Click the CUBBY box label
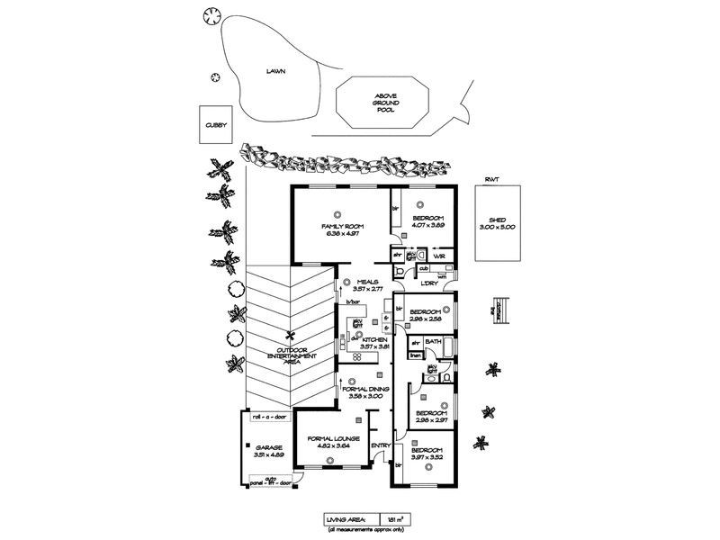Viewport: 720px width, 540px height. (x=213, y=126)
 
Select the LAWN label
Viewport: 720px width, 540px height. (x=275, y=70)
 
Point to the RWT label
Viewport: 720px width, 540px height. (x=491, y=180)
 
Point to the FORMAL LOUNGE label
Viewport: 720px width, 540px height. (x=334, y=438)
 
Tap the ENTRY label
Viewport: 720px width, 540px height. (x=381, y=445)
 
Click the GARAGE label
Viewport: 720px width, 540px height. (x=269, y=446)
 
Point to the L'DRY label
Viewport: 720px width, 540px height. (x=427, y=283)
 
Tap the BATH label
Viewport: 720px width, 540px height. (x=433, y=343)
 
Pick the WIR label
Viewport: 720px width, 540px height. (x=438, y=256)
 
